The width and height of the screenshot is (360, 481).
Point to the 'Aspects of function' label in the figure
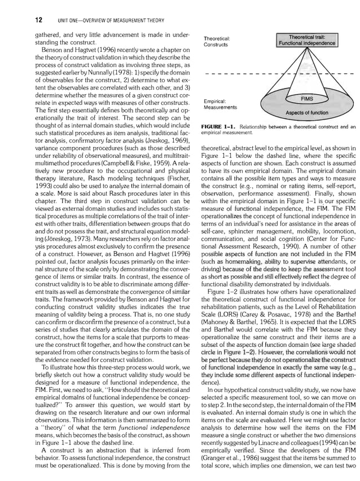click(x=307, y=113)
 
